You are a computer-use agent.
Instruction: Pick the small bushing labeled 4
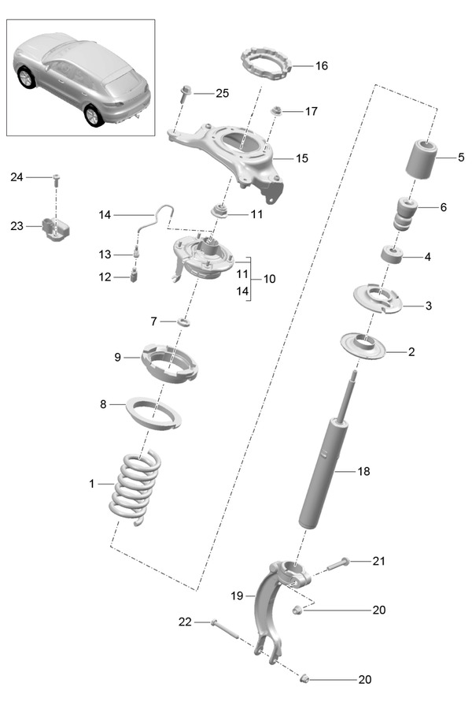pyautogui.click(x=390, y=255)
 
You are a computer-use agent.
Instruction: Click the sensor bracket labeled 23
pyautogui.click(x=55, y=228)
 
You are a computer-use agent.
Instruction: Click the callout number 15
pyautogui.click(x=302, y=158)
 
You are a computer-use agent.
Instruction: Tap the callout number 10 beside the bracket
pyautogui.click(x=269, y=279)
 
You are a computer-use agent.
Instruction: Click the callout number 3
pyautogui.click(x=428, y=305)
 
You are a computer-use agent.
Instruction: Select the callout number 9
pyautogui.click(x=117, y=358)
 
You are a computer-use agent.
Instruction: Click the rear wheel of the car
pyautogui.click(x=94, y=115)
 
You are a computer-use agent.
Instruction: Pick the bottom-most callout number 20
pyautogui.click(x=364, y=679)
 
